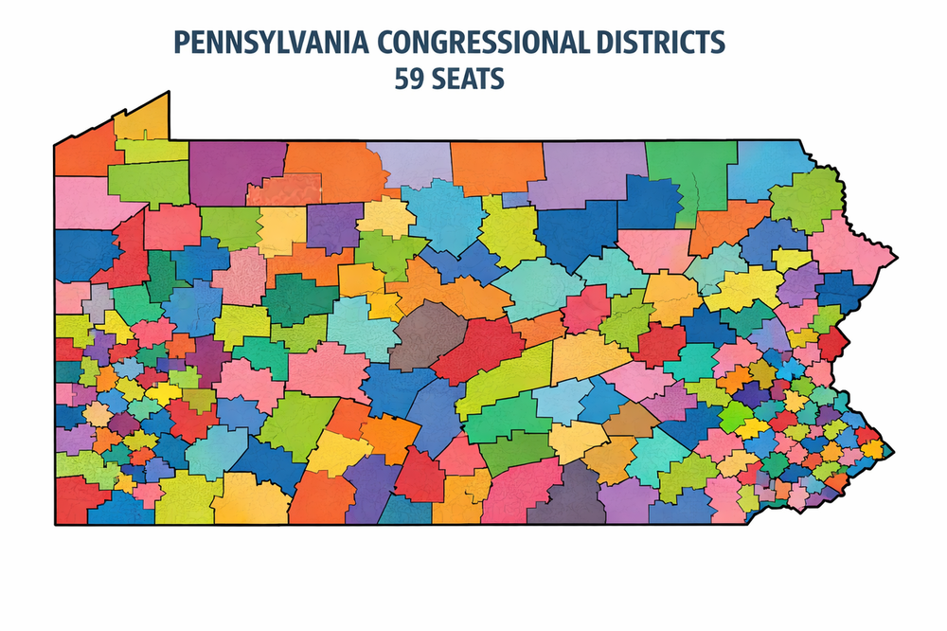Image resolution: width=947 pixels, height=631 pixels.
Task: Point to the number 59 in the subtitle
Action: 408,79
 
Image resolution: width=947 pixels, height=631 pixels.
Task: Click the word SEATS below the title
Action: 468,79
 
